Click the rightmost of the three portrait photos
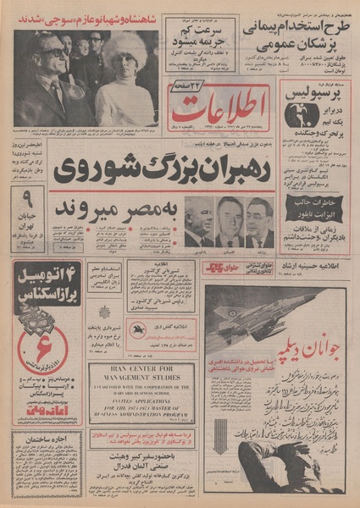tap(258, 222)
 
